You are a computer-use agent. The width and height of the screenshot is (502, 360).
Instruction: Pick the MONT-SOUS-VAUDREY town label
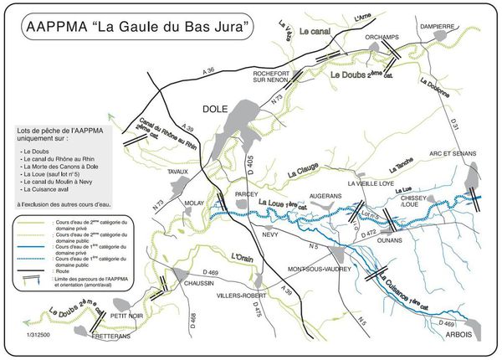point(322,269)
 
